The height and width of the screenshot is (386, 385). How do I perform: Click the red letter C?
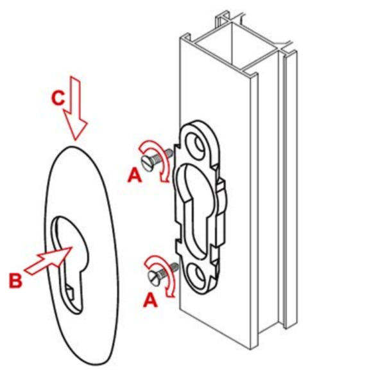pos(58,98)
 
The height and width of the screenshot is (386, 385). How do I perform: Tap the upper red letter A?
pos(135,175)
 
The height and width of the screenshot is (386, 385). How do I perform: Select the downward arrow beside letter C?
pos(75,109)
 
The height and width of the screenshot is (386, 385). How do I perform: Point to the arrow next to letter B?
pos(48,260)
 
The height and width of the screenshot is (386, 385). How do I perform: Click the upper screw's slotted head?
pos(148,163)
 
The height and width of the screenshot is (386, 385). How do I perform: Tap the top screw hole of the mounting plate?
pos(196,143)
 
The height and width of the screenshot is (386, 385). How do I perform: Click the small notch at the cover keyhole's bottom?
pos(71,294)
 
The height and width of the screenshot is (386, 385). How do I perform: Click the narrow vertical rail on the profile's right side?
pos(290,189)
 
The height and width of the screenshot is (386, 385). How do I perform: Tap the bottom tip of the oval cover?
pos(97,364)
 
